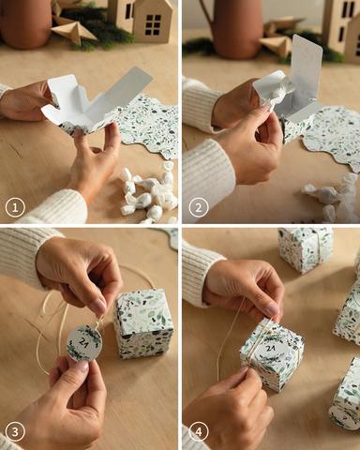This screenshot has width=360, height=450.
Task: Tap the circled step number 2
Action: point(198,207)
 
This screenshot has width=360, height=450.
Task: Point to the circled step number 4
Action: point(198,432)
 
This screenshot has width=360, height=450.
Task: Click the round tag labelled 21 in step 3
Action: point(84,342)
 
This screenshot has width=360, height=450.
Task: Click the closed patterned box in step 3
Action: point(143,323)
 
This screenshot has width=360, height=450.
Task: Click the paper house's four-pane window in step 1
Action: point(153,24)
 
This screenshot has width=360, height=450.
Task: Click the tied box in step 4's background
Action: point(306,249)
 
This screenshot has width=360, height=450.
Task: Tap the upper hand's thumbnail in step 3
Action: point(98,306)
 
